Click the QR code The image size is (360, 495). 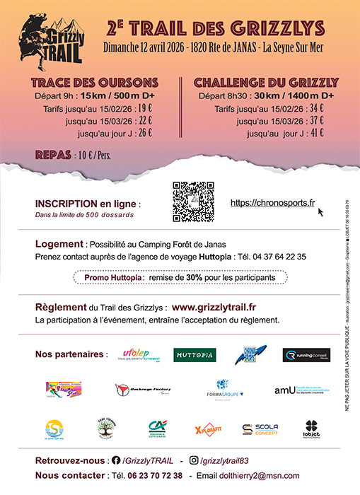pyautogui.click(x=193, y=203)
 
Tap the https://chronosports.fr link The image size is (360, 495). pyautogui.click(x=273, y=203)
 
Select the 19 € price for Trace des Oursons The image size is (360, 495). pyautogui.click(x=144, y=108)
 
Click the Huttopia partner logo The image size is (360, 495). pyautogui.click(x=194, y=355)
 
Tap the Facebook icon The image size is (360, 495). pyautogui.click(x=117, y=460)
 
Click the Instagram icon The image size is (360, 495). pyautogui.click(x=194, y=460)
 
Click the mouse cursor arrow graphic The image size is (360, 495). pyautogui.click(x=321, y=211)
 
